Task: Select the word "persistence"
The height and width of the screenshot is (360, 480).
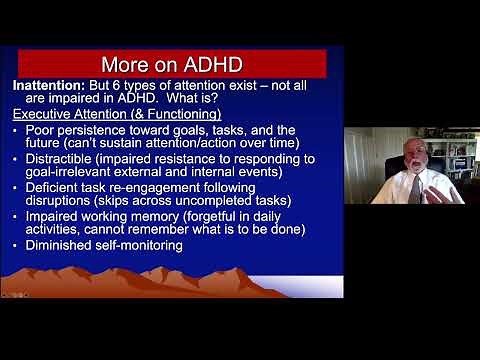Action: [106, 130]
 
